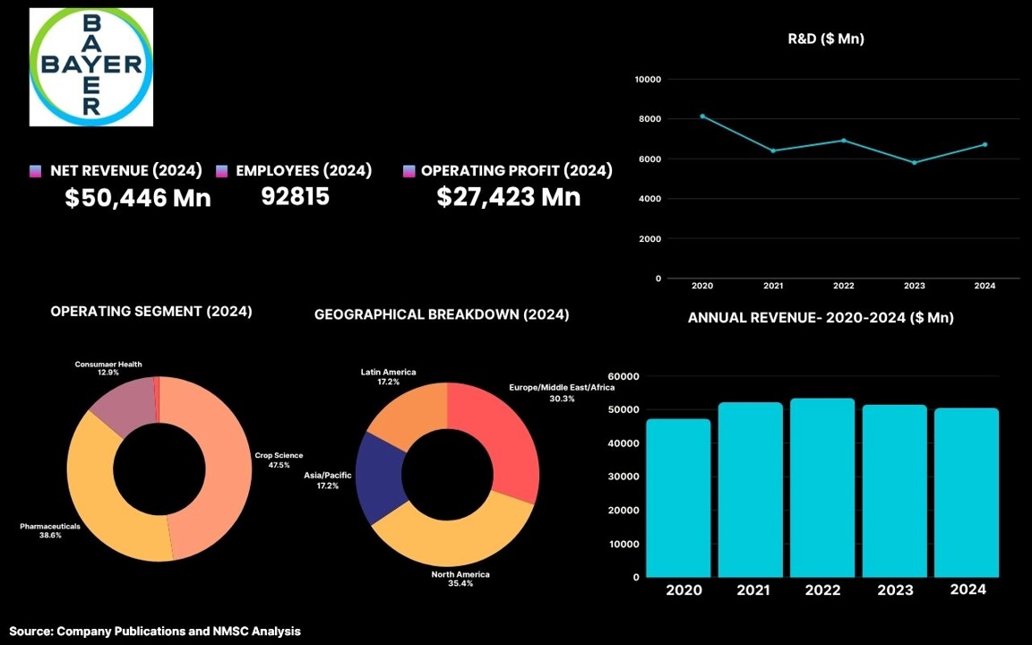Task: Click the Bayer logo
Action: click(91, 66)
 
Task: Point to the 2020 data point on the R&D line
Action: click(702, 116)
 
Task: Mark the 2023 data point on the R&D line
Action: click(914, 162)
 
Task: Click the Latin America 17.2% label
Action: click(388, 377)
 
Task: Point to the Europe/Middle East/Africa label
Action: click(562, 392)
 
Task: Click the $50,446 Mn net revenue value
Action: click(137, 198)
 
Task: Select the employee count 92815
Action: click(295, 196)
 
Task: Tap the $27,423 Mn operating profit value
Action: click(509, 197)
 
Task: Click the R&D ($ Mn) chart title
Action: click(825, 39)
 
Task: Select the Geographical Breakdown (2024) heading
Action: click(442, 314)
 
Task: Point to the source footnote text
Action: click(155, 632)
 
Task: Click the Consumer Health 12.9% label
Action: click(107, 368)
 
